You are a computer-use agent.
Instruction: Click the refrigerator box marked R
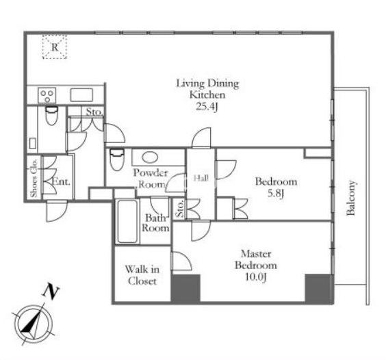pyautogui.click(x=55, y=47)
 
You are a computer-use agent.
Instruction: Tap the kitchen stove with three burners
pyautogui.click(x=47, y=95)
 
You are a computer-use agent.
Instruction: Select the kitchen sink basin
pyautogui.click(x=81, y=95)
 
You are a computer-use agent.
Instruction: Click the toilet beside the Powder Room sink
pyautogui.click(x=116, y=159)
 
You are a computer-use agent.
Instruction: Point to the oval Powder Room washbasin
pyautogui.click(x=150, y=157)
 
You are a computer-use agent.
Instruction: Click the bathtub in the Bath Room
pyautogui.click(x=127, y=221)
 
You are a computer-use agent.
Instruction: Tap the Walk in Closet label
pyautogui.click(x=142, y=275)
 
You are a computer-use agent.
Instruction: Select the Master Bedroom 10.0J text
pyautogui.click(x=256, y=266)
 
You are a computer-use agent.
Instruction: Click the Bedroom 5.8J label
pyautogui.click(x=276, y=188)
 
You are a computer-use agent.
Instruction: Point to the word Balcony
pyautogui.click(x=351, y=198)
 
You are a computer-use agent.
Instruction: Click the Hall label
pyautogui.click(x=201, y=178)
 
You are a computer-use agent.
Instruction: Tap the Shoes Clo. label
pyautogui.click(x=34, y=177)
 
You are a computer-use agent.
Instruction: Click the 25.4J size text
pyautogui.click(x=207, y=107)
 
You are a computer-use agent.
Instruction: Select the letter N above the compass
pyautogui.click(x=51, y=292)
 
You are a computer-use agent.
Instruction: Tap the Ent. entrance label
pyautogui.click(x=62, y=182)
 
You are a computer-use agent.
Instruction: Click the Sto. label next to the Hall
pyautogui.click(x=180, y=208)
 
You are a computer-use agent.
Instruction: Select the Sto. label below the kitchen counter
pyautogui.click(x=94, y=112)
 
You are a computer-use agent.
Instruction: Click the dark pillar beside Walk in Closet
pyautogui.click(x=185, y=289)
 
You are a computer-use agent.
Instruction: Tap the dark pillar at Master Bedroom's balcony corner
pyautogui.click(x=320, y=289)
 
